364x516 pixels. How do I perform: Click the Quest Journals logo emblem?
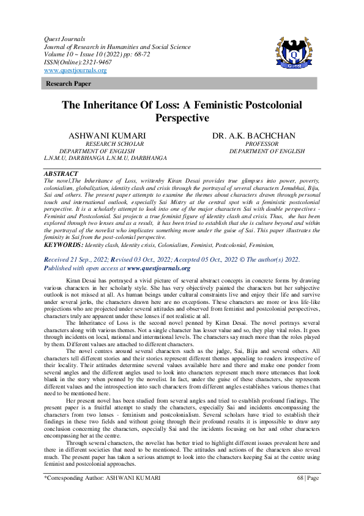point(295,53)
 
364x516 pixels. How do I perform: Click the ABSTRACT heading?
point(61,174)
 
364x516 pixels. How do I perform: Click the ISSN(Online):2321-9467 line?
point(75,63)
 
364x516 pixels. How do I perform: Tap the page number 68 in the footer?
point(300,495)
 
